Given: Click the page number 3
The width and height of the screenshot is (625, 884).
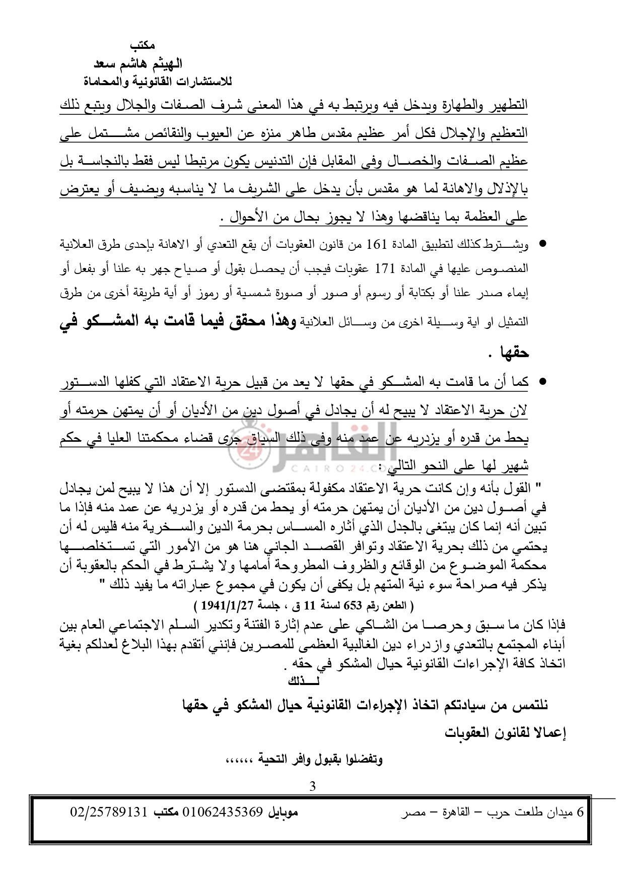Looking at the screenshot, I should click(x=312, y=786).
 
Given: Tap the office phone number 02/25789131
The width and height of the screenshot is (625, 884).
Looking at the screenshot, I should click(x=109, y=812).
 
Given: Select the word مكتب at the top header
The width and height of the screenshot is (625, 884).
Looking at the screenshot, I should click(x=143, y=46).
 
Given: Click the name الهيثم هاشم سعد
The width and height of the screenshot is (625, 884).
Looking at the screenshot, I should click(x=138, y=64).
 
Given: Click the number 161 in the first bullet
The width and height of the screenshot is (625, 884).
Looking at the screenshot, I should click(x=377, y=245).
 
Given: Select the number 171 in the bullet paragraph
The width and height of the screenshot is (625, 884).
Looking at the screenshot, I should click(x=385, y=269).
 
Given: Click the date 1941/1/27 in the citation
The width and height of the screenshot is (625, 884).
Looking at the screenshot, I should click(x=227, y=605).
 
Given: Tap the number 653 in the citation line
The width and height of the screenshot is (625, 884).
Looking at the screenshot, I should click(x=353, y=605).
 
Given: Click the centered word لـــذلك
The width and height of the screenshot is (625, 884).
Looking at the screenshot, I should click(x=304, y=682).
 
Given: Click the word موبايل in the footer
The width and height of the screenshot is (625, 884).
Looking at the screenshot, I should click(x=283, y=812).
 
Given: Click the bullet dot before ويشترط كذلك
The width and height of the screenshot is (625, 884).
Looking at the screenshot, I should click(x=542, y=244).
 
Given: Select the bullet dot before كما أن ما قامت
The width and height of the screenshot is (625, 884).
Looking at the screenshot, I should click(x=542, y=382).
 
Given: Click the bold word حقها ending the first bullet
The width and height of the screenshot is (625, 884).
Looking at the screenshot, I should click(x=515, y=353).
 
